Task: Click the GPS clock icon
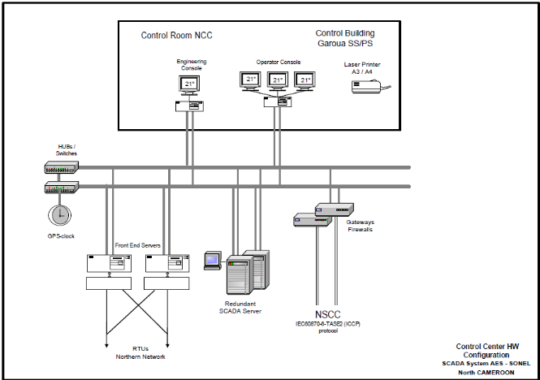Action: click(x=58, y=214)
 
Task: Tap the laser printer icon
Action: click(x=369, y=86)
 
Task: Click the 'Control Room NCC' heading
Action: click(x=177, y=35)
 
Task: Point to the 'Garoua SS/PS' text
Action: click(x=352, y=44)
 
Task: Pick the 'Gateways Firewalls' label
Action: click(x=360, y=226)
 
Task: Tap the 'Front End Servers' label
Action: click(x=137, y=244)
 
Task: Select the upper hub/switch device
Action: click(x=62, y=167)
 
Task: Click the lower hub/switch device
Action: click(x=62, y=188)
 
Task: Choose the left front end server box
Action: click(x=109, y=263)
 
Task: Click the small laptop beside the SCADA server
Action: click(x=213, y=261)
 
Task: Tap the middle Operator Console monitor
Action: click(x=278, y=80)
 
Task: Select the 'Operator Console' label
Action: click(x=277, y=61)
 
